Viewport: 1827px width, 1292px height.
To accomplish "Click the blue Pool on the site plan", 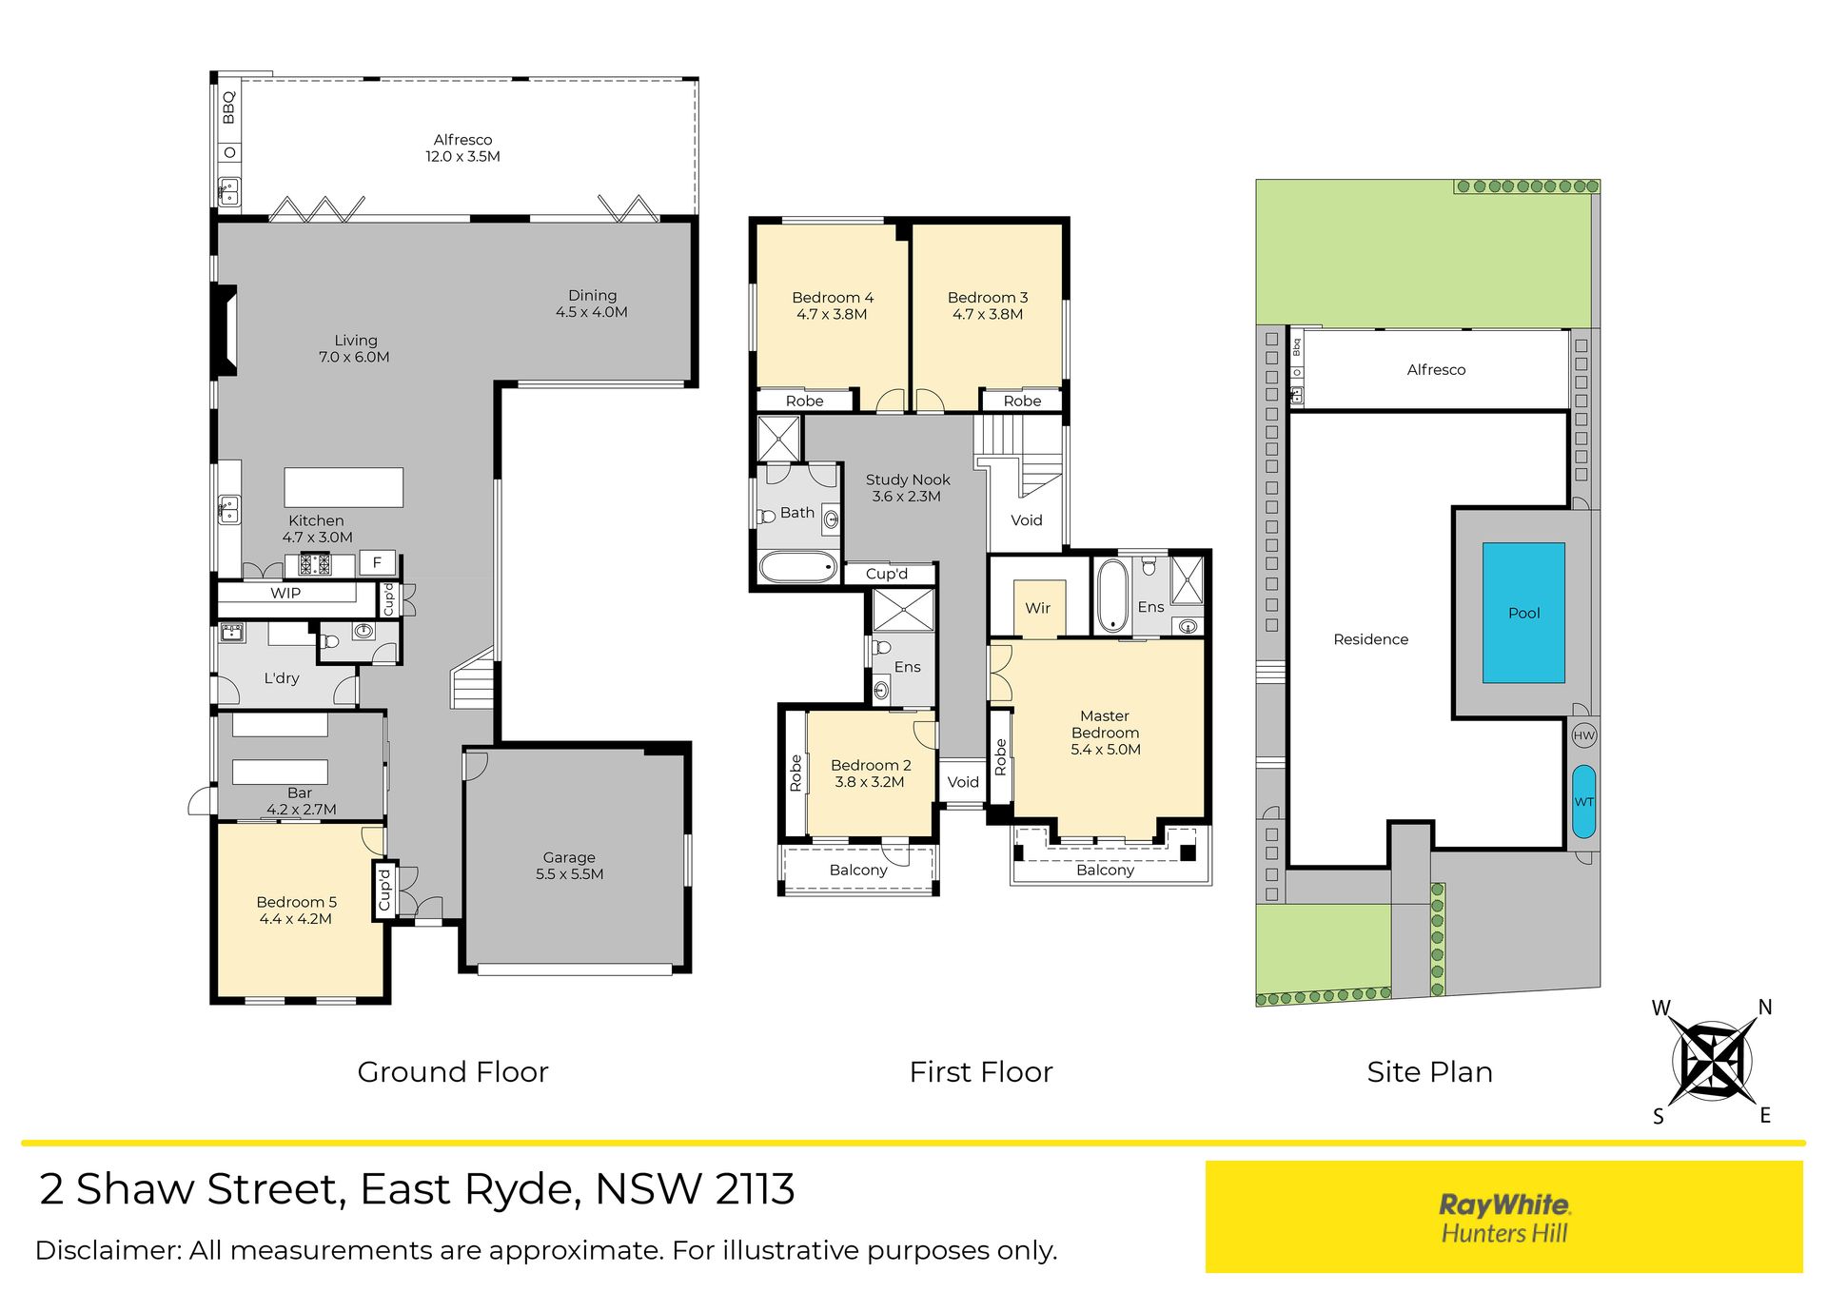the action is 1523,613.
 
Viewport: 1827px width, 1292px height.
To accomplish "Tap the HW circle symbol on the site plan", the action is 1583,734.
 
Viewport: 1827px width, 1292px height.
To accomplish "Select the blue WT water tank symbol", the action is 1583,801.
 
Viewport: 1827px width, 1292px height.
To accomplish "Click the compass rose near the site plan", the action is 1713,1061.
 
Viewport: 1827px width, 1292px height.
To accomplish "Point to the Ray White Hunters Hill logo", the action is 1504,1218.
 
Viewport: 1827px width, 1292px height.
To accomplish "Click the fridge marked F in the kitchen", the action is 377,562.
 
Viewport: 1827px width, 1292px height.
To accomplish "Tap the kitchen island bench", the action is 344,487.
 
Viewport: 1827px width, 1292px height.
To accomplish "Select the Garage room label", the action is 569,857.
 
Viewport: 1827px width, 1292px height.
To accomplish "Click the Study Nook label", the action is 908,480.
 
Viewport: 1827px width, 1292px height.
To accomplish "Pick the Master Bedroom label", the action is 1105,724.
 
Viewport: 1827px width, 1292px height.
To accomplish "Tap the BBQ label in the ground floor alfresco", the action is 228,107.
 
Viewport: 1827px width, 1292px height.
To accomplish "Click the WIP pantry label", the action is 285,593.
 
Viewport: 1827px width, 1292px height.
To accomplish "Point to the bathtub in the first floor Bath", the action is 799,567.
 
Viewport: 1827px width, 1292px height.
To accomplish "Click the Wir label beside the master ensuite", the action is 1038,608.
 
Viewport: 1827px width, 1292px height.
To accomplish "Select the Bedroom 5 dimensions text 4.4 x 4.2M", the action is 296,919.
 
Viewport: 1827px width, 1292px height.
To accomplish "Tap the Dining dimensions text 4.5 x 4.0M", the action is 592,312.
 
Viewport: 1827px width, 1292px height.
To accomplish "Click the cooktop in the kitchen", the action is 315,564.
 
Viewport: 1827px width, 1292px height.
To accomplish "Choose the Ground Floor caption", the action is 453,1072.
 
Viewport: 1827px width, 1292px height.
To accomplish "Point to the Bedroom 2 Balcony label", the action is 858,870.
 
